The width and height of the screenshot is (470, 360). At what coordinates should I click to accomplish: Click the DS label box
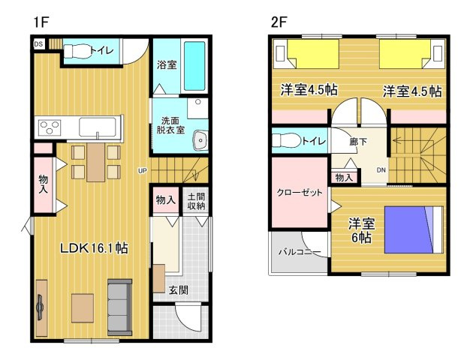coord(39,44)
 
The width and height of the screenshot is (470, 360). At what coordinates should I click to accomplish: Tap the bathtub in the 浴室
coord(194,66)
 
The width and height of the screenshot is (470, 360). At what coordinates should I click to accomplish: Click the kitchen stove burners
coord(50,127)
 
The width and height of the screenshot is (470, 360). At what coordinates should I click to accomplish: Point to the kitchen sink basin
coord(98,127)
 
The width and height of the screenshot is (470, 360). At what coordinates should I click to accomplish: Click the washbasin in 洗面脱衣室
coord(200,140)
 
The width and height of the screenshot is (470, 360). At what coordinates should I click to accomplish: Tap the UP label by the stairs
coord(143,171)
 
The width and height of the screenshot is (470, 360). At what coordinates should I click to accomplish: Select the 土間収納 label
coord(196,201)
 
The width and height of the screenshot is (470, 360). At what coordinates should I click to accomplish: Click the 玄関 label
coord(179,289)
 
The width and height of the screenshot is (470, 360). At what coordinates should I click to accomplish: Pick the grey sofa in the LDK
coord(119,307)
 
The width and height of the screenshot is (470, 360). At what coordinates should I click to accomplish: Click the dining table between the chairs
coord(96,162)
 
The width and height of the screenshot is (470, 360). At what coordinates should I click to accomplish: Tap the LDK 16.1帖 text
coord(95,248)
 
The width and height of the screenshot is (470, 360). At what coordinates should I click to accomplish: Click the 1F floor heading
coord(41,22)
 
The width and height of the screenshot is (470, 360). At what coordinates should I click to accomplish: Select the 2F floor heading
coord(279,22)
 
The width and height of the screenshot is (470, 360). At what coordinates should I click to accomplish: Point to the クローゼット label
coord(300,192)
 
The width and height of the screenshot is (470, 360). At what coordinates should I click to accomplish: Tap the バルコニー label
coord(300,252)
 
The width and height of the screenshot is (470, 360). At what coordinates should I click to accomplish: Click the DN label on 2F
coord(381,170)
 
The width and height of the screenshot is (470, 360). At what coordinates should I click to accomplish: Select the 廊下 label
coord(358,141)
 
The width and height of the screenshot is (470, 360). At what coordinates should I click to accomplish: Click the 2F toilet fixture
coord(287,140)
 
